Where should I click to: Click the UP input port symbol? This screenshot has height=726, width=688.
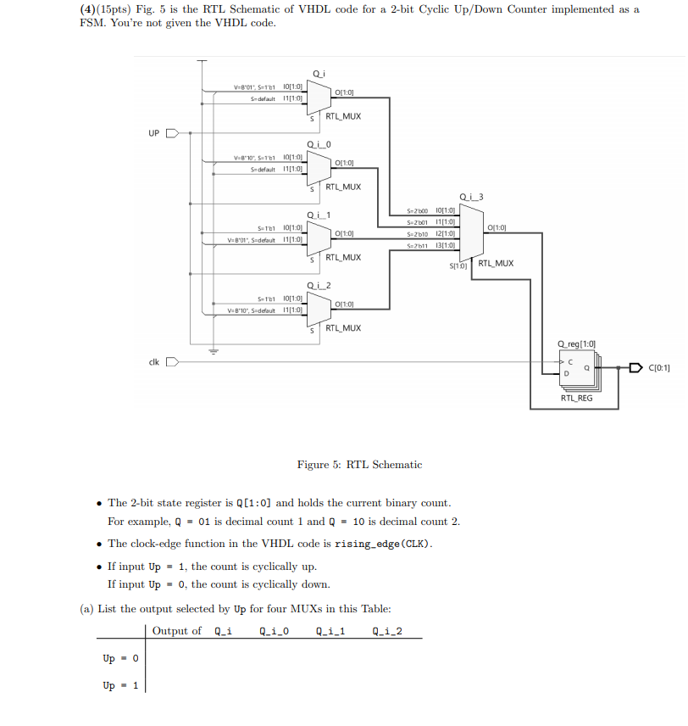tap(172, 133)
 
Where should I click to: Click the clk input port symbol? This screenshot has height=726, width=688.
tap(172, 362)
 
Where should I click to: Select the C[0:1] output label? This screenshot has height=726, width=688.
tap(659, 368)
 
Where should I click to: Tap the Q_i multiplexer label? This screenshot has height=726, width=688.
tap(318, 74)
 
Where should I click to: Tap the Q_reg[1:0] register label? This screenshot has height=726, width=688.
tap(576, 343)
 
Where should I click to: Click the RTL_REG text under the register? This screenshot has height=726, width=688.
tap(576, 398)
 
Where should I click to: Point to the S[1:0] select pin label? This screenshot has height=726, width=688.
tap(458, 266)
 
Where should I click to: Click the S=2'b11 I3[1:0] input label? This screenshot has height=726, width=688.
tap(431, 245)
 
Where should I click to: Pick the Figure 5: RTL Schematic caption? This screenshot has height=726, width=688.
tap(359, 465)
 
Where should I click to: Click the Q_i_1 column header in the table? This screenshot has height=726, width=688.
tap(330, 631)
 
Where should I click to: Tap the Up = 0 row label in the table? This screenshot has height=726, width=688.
tap(121, 659)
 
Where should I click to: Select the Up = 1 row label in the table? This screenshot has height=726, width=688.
tap(121, 686)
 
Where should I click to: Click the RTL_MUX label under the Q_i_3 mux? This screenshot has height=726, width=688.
tap(496, 264)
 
